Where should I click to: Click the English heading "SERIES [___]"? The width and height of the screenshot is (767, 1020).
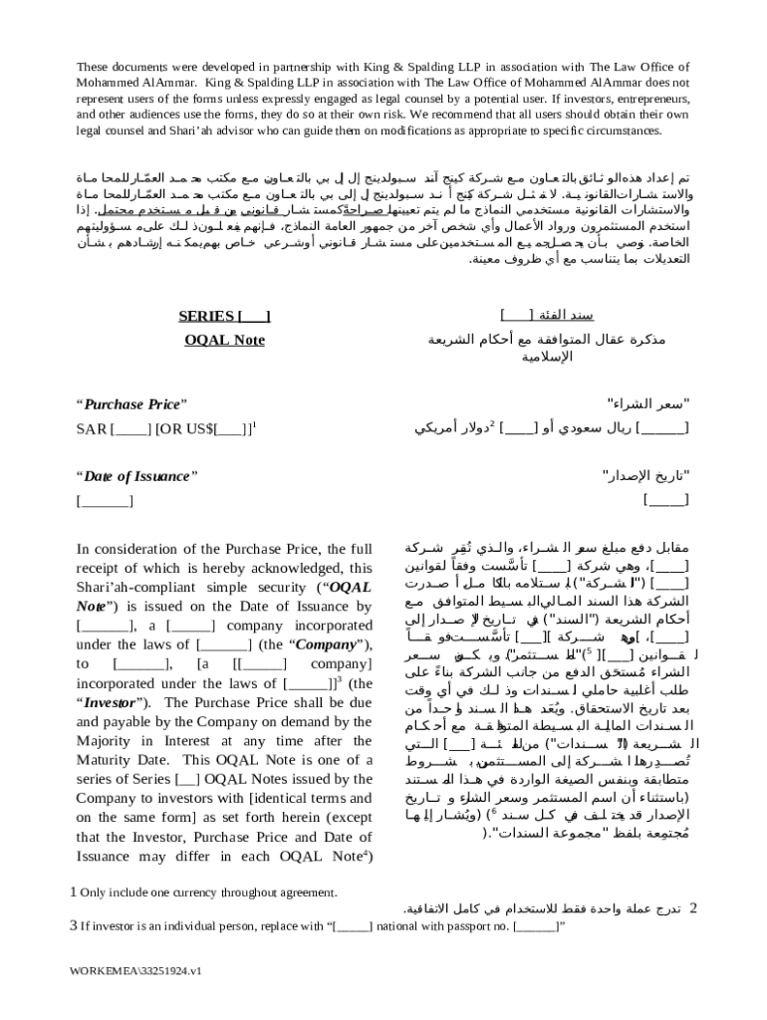224,317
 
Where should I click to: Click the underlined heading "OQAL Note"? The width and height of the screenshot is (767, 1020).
224,341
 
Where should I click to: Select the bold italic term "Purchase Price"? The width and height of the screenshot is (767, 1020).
131,404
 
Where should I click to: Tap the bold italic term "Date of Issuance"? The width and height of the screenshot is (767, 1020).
136,475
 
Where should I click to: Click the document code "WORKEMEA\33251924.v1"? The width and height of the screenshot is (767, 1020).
135,970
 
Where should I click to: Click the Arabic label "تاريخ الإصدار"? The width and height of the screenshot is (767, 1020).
648,475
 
